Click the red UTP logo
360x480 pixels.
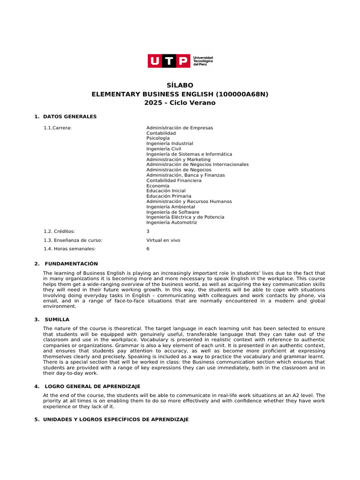coord(169,61)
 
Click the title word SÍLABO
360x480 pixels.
coord(180,85)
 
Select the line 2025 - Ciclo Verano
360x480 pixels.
coord(180,103)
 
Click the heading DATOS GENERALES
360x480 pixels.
coord(69,116)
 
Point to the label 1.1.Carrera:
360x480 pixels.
coord(58,128)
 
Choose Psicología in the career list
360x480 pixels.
coord(158,138)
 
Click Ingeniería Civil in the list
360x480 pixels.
coord(164,149)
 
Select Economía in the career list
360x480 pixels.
coord(157,186)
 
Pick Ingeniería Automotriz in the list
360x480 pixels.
coord(172,223)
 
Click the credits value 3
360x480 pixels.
coord(148,231)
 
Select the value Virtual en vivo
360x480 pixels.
coord(163,240)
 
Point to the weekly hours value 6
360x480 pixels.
coord(148,249)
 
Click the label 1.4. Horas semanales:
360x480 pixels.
coord(69,249)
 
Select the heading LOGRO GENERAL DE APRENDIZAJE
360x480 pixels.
coord(92,386)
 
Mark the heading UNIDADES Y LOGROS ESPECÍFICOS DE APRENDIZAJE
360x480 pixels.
coord(116,420)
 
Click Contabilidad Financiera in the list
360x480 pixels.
coord(174,180)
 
